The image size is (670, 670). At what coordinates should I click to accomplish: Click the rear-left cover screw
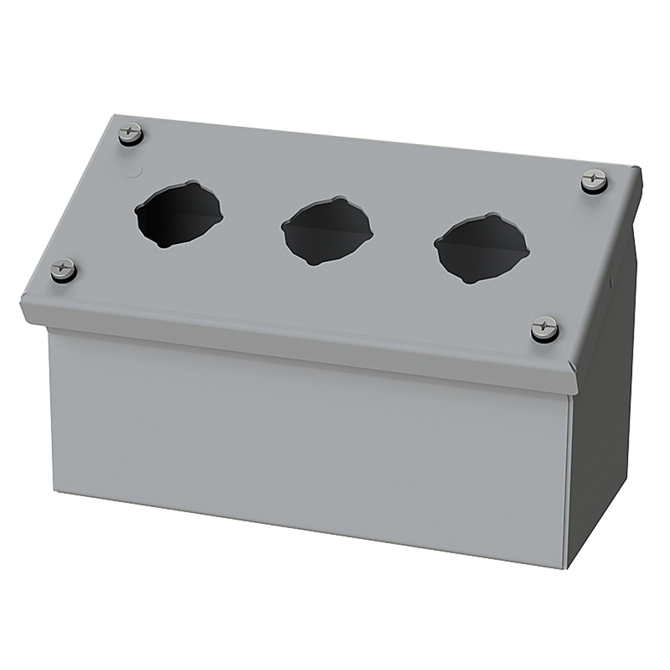[x=132, y=133]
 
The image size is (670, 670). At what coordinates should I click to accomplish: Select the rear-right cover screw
[x=594, y=181]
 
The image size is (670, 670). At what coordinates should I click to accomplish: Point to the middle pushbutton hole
[x=326, y=232]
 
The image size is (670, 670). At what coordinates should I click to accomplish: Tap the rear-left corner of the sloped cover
[x=109, y=118]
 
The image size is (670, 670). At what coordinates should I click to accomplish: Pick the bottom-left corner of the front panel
[x=52, y=491]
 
